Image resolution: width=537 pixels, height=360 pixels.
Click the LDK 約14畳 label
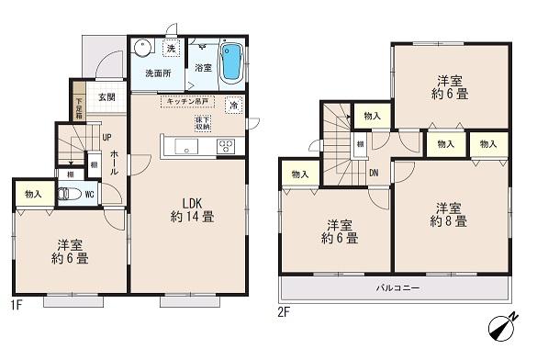[192, 210]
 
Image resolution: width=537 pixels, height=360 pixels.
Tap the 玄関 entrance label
[105, 96]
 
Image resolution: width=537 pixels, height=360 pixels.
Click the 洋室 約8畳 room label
[449, 214]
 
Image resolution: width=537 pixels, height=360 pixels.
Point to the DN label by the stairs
[374, 172]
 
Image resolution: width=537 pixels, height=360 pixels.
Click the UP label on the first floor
[106, 136]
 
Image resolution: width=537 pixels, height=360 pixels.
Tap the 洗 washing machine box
[171, 48]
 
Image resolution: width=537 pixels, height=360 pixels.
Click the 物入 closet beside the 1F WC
[33, 195]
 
